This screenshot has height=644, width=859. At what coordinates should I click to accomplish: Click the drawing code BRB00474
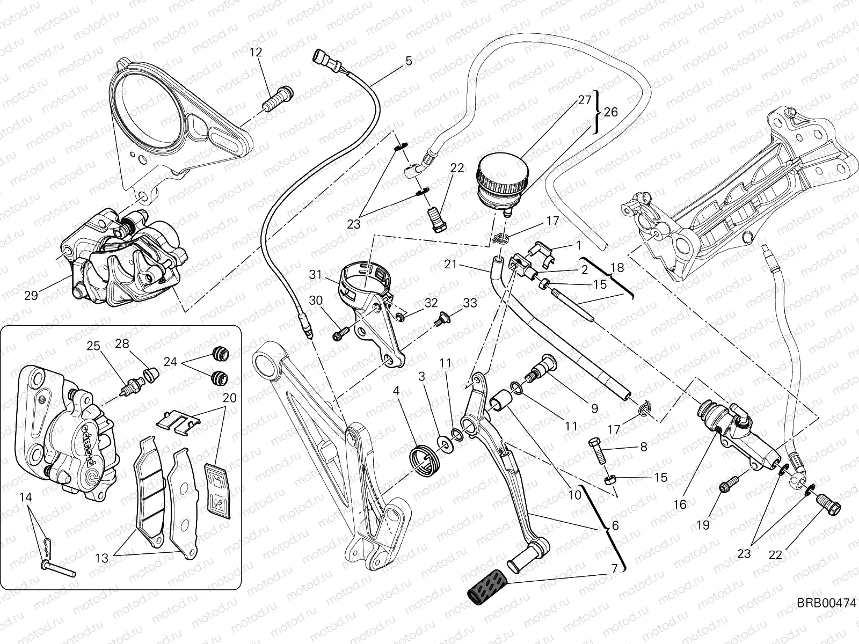826,618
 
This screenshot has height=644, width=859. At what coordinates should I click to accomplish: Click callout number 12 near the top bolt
256,52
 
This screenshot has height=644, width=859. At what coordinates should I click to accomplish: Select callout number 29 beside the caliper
31,295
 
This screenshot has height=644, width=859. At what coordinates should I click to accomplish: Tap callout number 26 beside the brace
610,112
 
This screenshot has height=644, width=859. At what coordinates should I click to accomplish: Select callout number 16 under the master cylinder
680,504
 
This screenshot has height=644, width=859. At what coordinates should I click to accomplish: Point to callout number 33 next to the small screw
470,303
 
